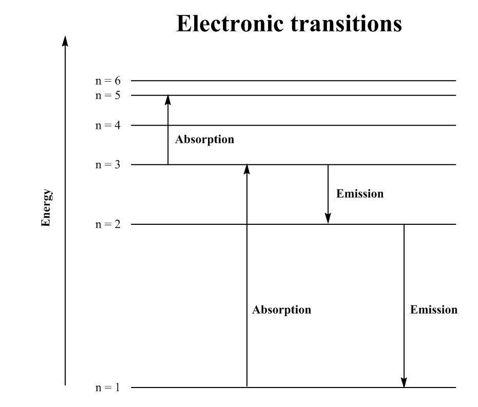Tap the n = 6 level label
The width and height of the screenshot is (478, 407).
pos(108,81)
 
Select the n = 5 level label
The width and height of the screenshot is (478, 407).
pos(108,95)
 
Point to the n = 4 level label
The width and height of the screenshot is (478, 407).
pos(108,125)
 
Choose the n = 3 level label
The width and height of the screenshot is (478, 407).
pos(108,165)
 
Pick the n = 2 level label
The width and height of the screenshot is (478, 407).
pos(108,224)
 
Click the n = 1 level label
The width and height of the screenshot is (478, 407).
pos(108,387)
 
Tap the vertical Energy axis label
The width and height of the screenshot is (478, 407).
pos(47,208)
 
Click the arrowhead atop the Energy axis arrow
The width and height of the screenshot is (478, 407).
pos(65,41)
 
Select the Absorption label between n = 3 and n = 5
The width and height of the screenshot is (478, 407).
pos(204,140)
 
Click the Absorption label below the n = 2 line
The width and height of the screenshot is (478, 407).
pos(281,310)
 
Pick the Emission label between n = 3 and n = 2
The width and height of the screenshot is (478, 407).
pos(360,194)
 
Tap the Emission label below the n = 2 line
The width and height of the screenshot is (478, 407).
pos(433,310)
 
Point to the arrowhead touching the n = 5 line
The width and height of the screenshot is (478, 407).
pos(168,100)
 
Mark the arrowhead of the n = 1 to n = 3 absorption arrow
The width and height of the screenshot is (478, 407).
pos(247,169)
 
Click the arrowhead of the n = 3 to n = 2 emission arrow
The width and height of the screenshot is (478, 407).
pos(328,219)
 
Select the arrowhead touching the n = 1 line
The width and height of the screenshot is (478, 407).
pos(404,382)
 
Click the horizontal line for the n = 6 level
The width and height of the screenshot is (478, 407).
pos(293,81)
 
